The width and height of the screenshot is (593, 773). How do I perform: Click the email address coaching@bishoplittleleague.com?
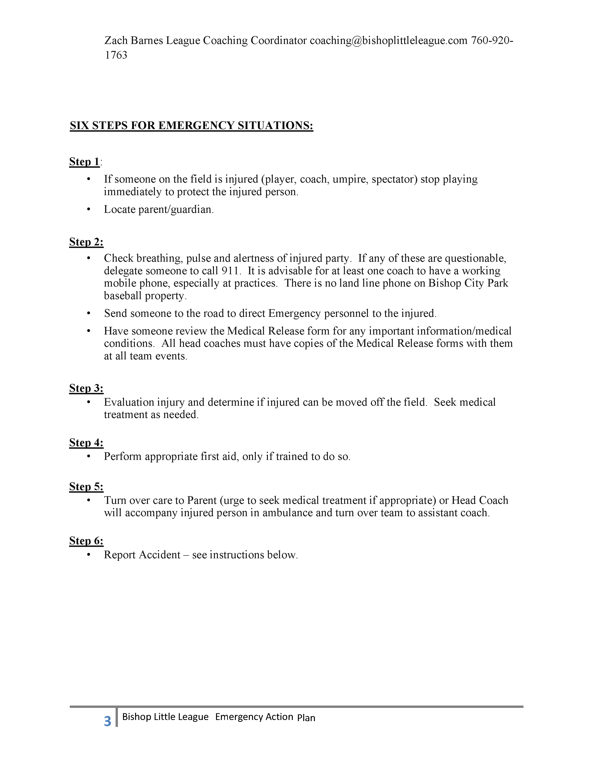click(x=388, y=41)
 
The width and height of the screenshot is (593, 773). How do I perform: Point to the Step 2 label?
click(x=86, y=242)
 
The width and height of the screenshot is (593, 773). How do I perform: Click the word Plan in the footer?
click(x=306, y=718)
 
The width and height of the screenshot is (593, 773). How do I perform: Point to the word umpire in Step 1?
click(x=350, y=179)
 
